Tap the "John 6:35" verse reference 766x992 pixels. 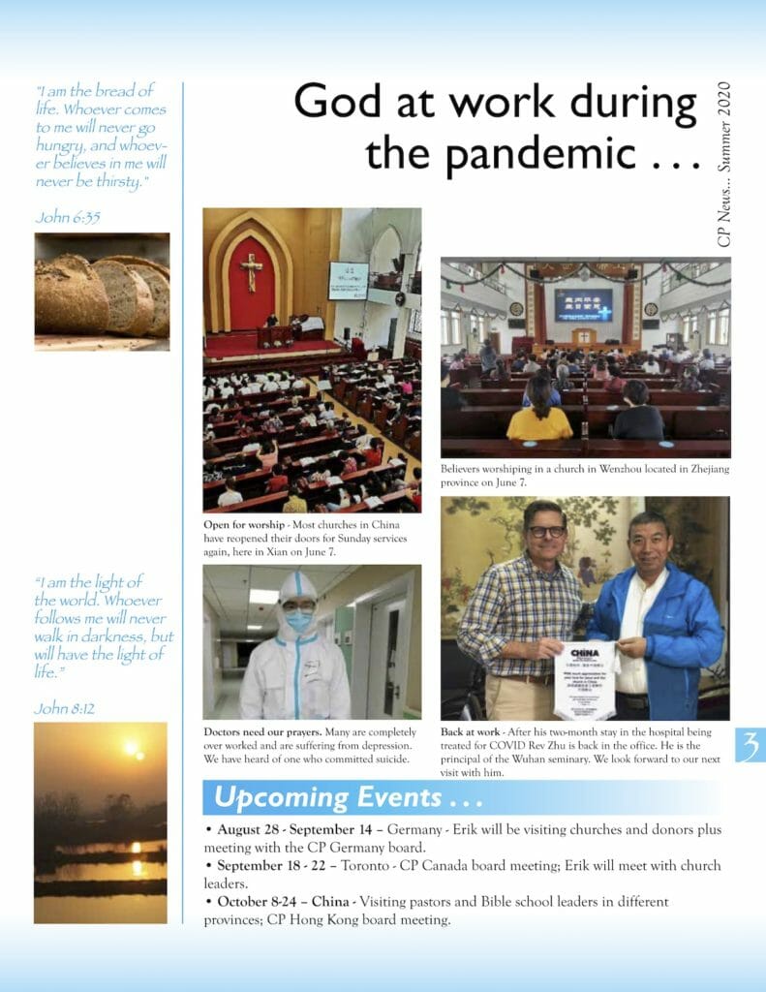click(x=68, y=217)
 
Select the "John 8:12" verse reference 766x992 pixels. click(x=65, y=708)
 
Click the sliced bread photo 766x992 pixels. click(x=102, y=291)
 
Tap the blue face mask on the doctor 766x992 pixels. click(x=299, y=620)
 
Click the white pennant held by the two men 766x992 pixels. click(x=586, y=679)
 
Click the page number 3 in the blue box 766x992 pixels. click(x=749, y=745)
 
